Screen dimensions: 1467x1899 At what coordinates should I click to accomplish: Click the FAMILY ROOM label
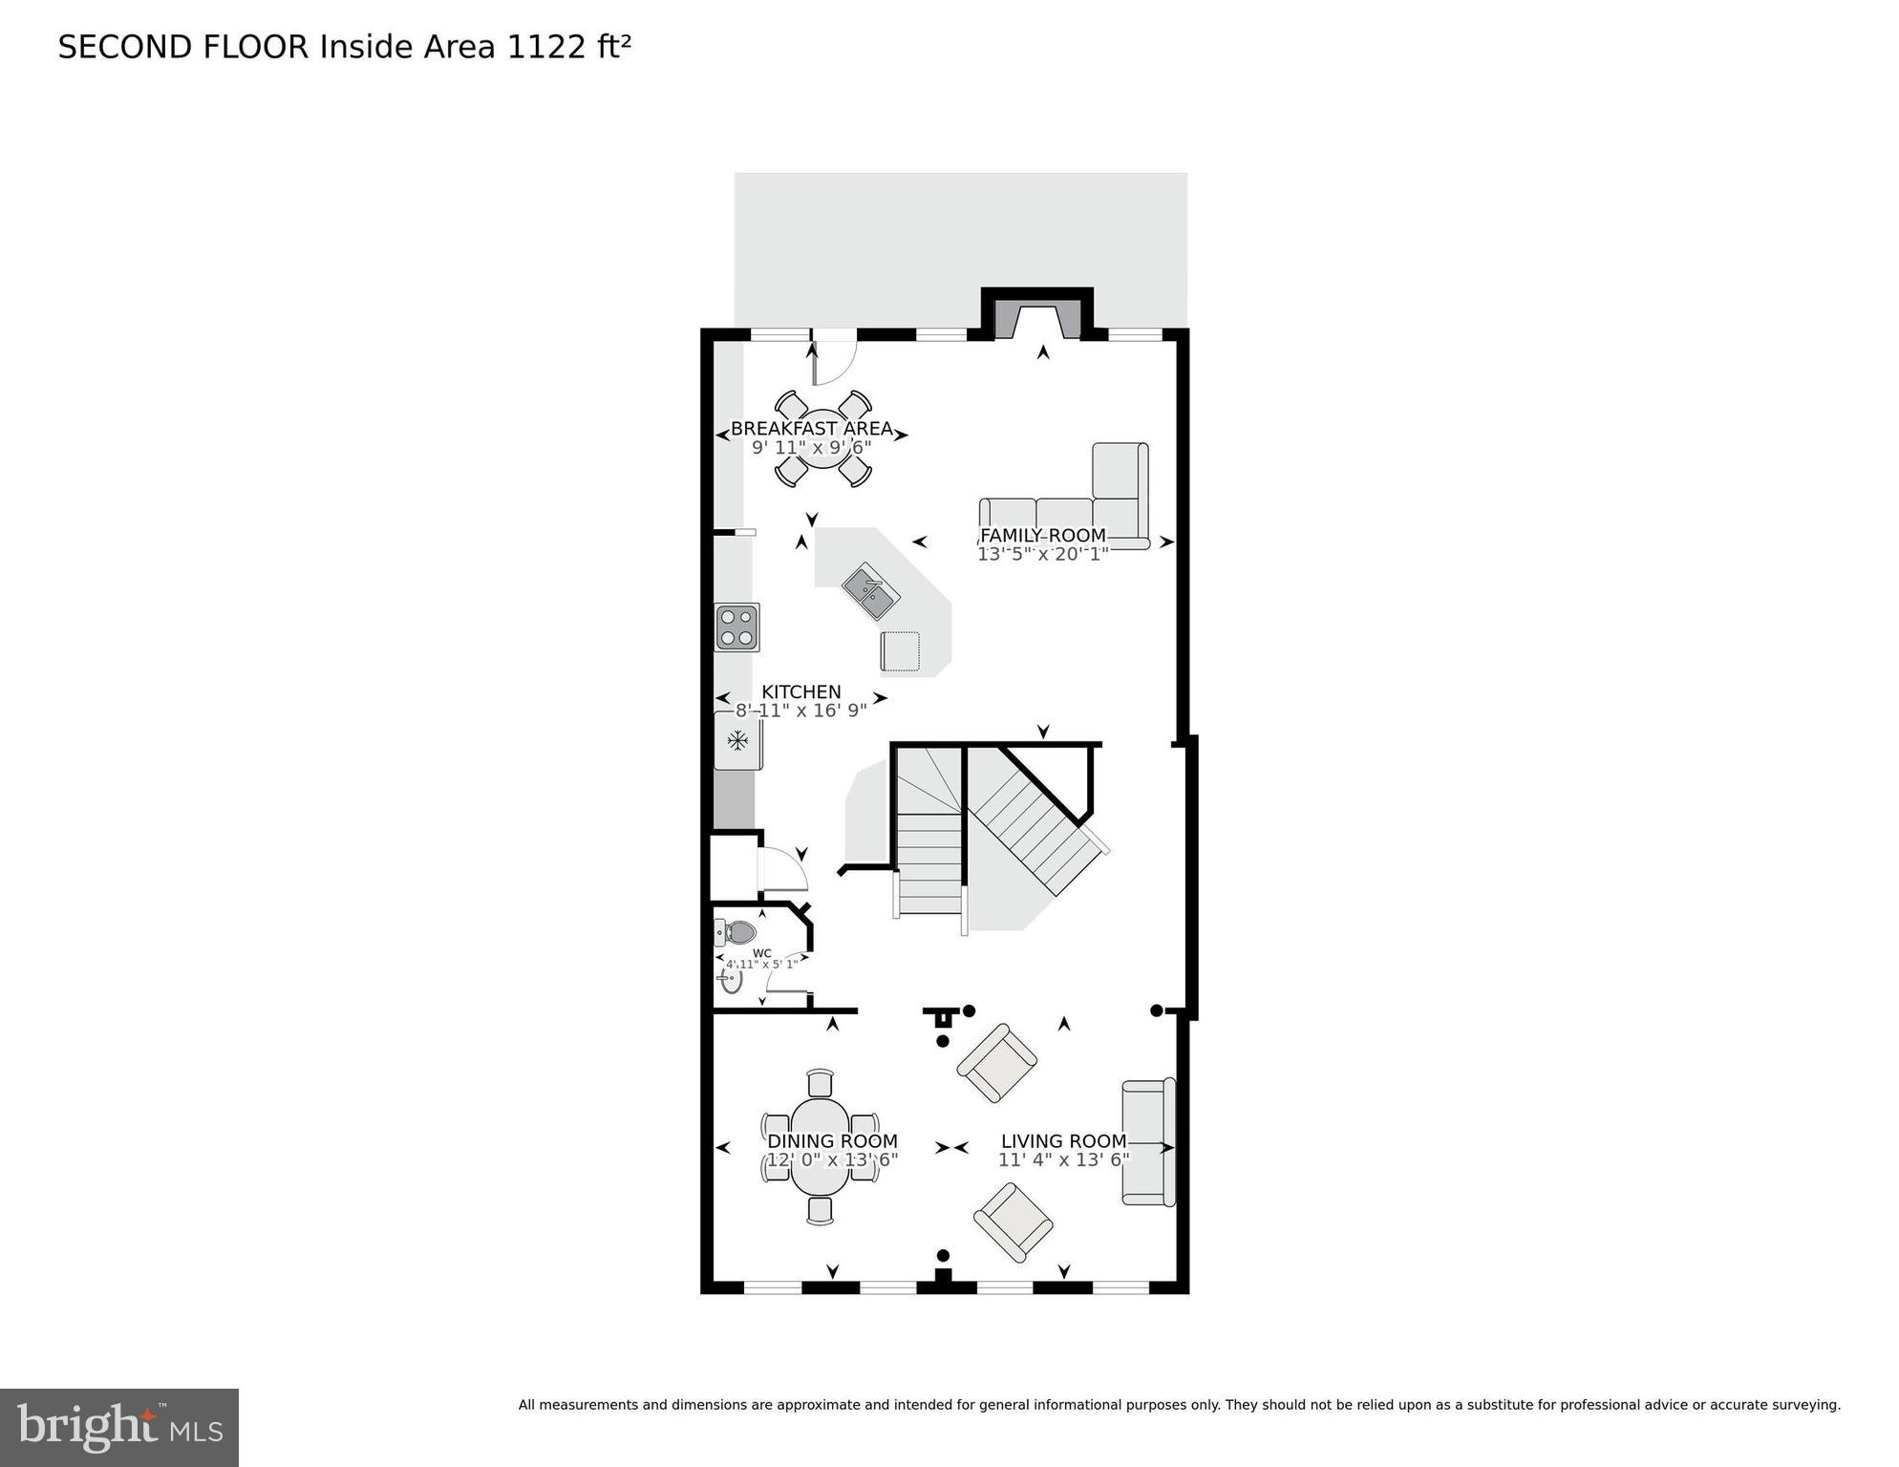[x=1042, y=536]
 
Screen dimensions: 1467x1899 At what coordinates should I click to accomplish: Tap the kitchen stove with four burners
[x=736, y=627]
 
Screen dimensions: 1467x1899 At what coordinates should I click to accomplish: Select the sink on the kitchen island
[x=870, y=591]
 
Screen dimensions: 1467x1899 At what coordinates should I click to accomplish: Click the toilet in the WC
[x=736, y=932]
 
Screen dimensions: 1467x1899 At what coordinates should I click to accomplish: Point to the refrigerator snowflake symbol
[x=737, y=739]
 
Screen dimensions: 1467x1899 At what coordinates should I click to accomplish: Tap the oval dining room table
[x=821, y=1146]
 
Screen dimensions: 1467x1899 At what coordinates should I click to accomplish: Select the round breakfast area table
[x=822, y=439]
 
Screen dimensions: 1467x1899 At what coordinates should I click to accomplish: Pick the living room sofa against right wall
[x=1147, y=1142]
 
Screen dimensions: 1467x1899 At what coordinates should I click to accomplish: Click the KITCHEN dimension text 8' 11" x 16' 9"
[x=800, y=711]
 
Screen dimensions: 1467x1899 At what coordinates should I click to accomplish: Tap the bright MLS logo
[x=118, y=1427]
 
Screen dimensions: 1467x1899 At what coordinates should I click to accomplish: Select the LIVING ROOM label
[x=1063, y=1140]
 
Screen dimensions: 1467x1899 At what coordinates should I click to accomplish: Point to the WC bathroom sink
[x=731, y=980]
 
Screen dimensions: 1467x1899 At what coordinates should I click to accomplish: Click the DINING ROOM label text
[x=832, y=1140]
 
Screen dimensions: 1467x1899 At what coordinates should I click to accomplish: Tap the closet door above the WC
[x=783, y=868]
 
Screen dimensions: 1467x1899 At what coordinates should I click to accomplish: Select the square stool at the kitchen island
[x=900, y=650]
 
